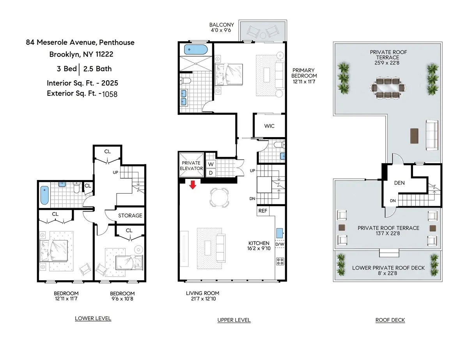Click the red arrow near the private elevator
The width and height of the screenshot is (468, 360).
(x=192, y=184)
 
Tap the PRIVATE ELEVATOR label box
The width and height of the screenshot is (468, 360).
(x=191, y=166)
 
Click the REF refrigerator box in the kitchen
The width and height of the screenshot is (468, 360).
(x=262, y=211)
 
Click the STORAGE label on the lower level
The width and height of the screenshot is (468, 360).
(x=130, y=215)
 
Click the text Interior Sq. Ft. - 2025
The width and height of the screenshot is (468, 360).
(x=82, y=83)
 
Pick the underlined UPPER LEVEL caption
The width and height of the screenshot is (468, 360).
(x=234, y=320)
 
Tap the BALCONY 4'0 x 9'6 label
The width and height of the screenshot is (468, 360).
(x=222, y=27)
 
